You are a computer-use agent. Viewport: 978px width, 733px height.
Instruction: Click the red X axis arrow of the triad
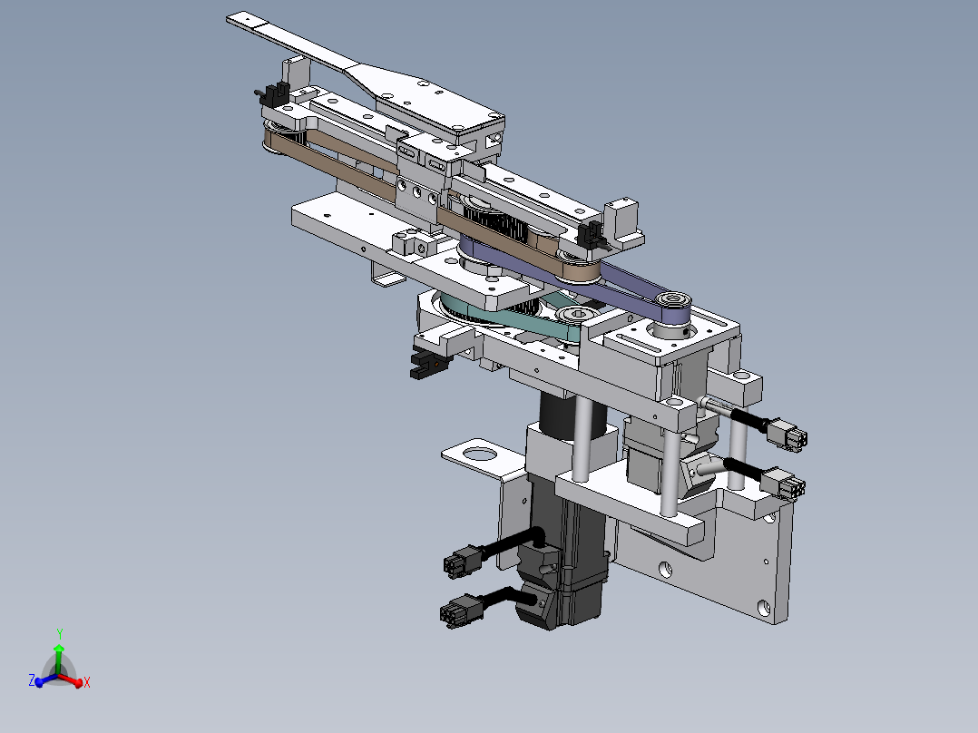click(x=80, y=680)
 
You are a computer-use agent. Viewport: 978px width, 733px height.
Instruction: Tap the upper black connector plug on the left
click(x=461, y=562)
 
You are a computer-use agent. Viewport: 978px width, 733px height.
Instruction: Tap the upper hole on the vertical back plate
click(x=667, y=569)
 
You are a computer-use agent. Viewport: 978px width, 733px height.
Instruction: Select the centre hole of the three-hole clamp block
click(x=416, y=192)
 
